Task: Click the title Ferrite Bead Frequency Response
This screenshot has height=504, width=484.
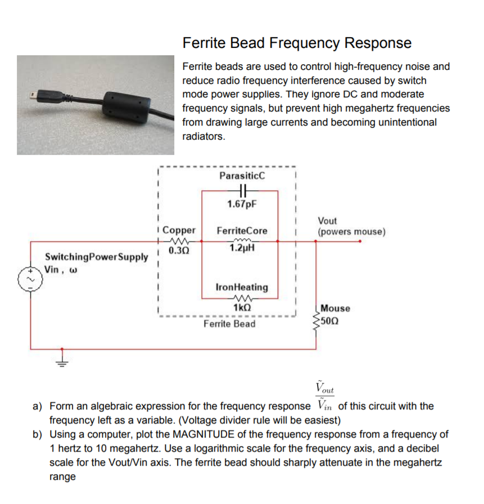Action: point(297,43)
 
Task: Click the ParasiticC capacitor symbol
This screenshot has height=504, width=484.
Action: point(242,190)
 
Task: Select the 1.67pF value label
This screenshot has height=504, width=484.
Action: point(242,203)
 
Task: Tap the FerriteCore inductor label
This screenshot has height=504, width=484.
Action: point(242,231)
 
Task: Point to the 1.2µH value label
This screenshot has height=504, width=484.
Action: point(242,248)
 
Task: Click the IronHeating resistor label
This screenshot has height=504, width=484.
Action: point(242,287)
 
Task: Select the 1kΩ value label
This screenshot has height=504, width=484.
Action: point(242,308)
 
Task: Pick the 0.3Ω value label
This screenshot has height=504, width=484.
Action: point(179,251)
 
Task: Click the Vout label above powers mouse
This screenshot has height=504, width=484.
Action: point(327,221)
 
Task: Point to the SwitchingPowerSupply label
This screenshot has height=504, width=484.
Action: point(96,257)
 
